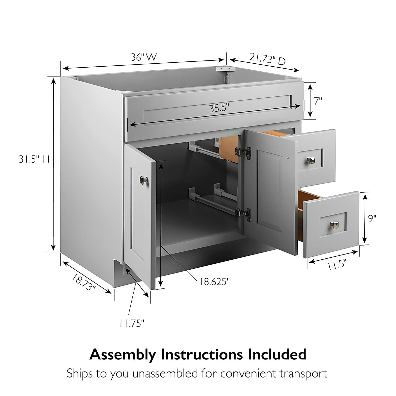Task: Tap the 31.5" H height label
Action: tap(34, 159)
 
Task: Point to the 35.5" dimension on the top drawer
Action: tap(219, 108)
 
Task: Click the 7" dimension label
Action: tap(318, 101)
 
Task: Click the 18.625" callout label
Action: tap(214, 281)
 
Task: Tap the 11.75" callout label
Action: tap(132, 323)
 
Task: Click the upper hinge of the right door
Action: tap(243, 151)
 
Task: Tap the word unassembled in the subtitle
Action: tap(166, 374)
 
